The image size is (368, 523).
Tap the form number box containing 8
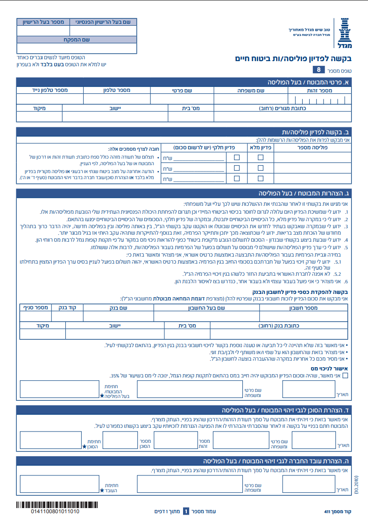pyautogui.click(x=319, y=70)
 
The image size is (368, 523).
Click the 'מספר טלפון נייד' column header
pyautogui.click(x=49, y=90)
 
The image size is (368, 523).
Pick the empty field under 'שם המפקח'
pyautogui.click(x=77, y=48)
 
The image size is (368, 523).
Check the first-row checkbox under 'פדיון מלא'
pyautogui.click(x=260, y=157)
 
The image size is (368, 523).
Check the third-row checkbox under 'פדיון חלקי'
pyautogui.click(x=237, y=178)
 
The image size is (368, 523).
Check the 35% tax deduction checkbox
pyautogui.click(x=345, y=375)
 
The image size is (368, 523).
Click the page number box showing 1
pyautogui.click(x=185, y=511)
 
